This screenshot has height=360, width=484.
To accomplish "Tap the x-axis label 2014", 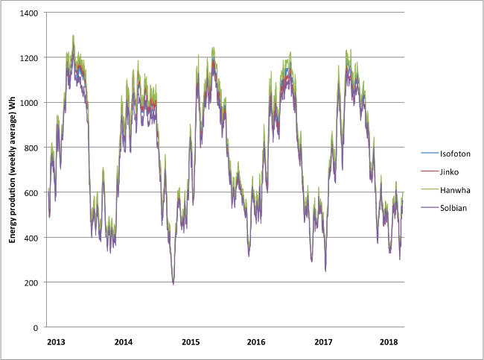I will [x=124, y=342].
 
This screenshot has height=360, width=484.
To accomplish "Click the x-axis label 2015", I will [x=190, y=342].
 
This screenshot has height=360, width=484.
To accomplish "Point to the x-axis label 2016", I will [x=257, y=342].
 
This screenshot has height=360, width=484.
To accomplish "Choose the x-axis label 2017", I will [x=323, y=342].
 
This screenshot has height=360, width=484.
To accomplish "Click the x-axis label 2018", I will [x=389, y=342].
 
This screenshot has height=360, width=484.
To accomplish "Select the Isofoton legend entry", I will [x=453, y=153].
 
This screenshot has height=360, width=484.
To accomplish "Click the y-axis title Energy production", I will [x=13, y=169].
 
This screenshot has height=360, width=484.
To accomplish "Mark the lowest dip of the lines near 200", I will [x=173, y=283].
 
